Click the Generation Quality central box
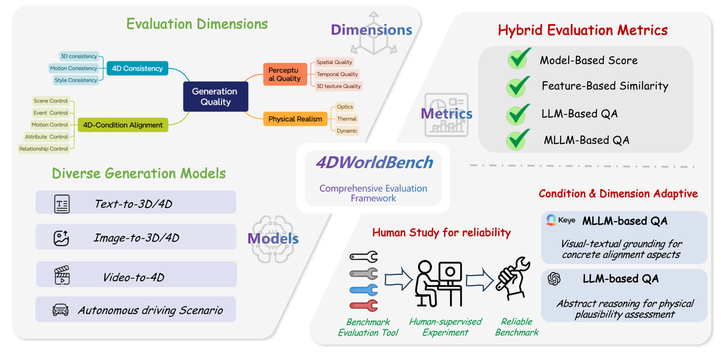[x=215, y=97]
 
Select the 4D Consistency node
[x=137, y=68]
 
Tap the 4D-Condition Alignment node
[x=122, y=125]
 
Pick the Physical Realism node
[x=295, y=119]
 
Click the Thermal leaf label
[x=347, y=119]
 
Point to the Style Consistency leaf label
[x=75, y=80]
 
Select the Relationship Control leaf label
[x=44, y=149]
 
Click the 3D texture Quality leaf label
[x=339, y=87]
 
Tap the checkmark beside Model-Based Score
[x=519, y=59]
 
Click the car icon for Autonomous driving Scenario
[x=61, y=310]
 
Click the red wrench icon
[x=364, y=306]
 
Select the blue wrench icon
[x=364, y=290]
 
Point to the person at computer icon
[x=438, y=284]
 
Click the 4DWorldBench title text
[x=374, y=162]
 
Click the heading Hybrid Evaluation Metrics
[x=583, y=30]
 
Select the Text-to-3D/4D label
[x=133, y=204]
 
